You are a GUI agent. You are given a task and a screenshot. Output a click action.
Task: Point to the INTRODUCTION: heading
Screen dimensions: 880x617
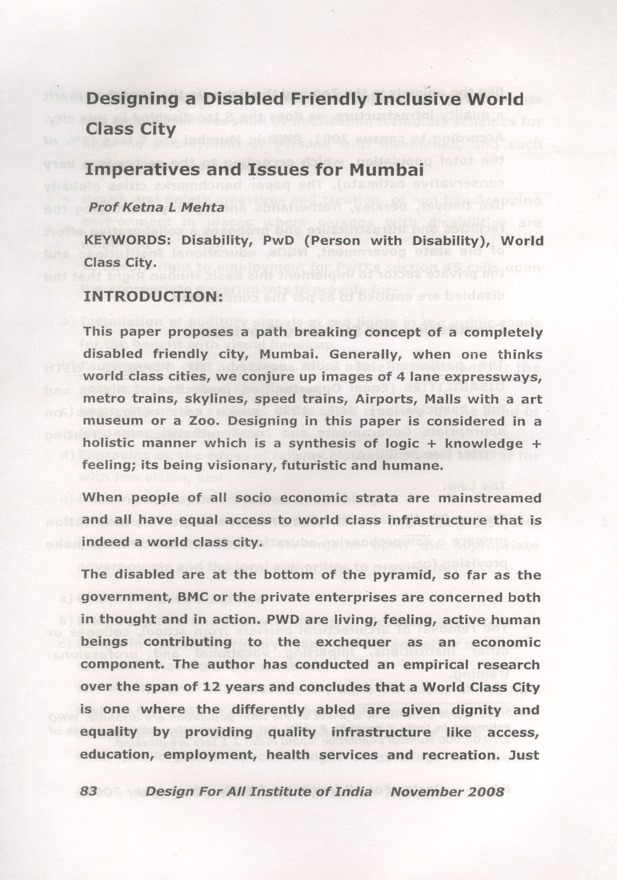tap(153, 297)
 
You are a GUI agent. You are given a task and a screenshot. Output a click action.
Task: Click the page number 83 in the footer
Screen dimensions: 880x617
tap(89, 791)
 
